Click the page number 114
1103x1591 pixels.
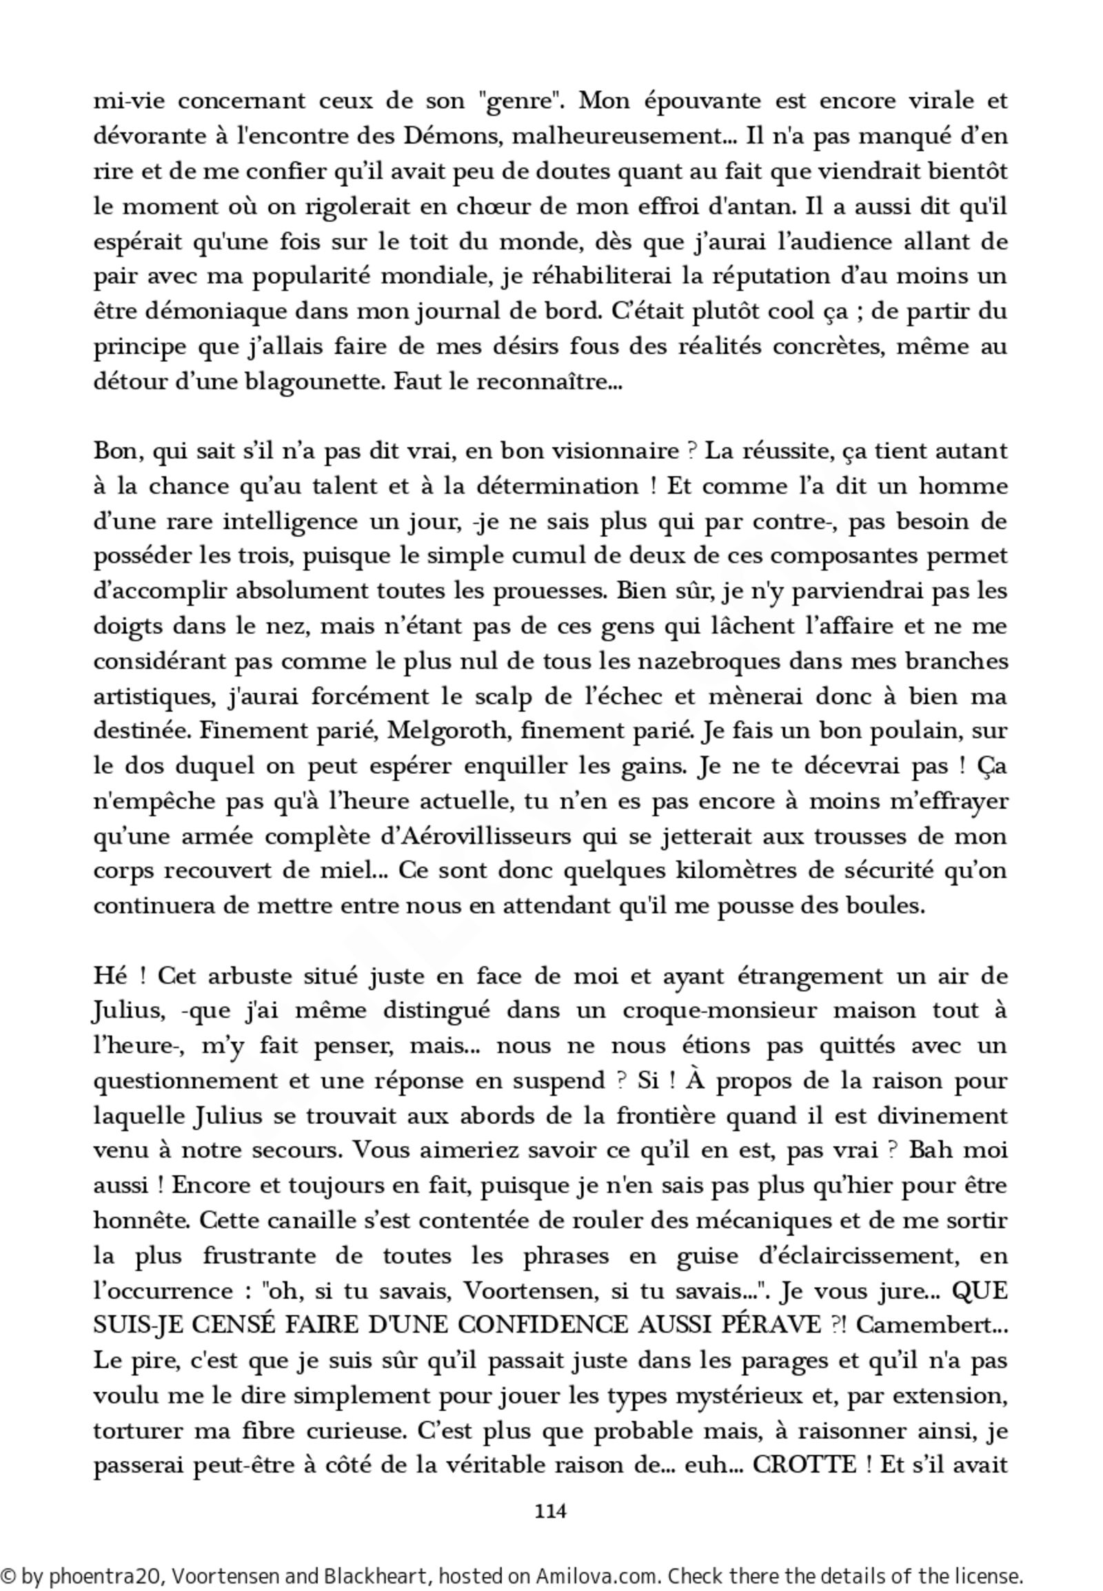(550, 1511)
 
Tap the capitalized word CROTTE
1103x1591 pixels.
(805, 1465)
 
